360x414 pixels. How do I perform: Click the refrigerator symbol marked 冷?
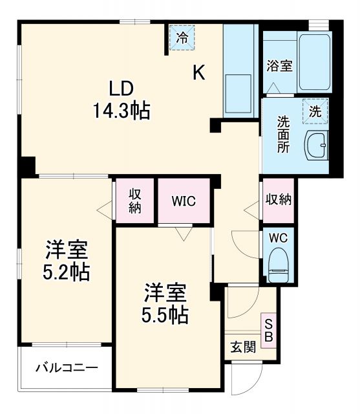tap(183, 37)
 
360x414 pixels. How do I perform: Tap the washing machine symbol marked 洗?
tap(315, 110)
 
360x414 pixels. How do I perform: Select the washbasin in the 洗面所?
tap(317, 146)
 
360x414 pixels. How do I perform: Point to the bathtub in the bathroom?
tap(314, 63)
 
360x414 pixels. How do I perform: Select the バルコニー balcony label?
tap(67, 367)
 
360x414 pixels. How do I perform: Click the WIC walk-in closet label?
tap(184, 200)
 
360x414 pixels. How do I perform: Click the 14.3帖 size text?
tap(122, 111)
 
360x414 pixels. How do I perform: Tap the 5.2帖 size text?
tap(67, 272)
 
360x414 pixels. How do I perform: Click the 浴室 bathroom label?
tap(279, 65)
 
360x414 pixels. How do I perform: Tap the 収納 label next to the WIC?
tap(134, 200)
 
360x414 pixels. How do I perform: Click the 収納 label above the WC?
tap(278, 199)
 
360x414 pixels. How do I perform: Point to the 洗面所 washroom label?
tap(283, 133)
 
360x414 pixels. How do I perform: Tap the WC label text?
tap(279, 237)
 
